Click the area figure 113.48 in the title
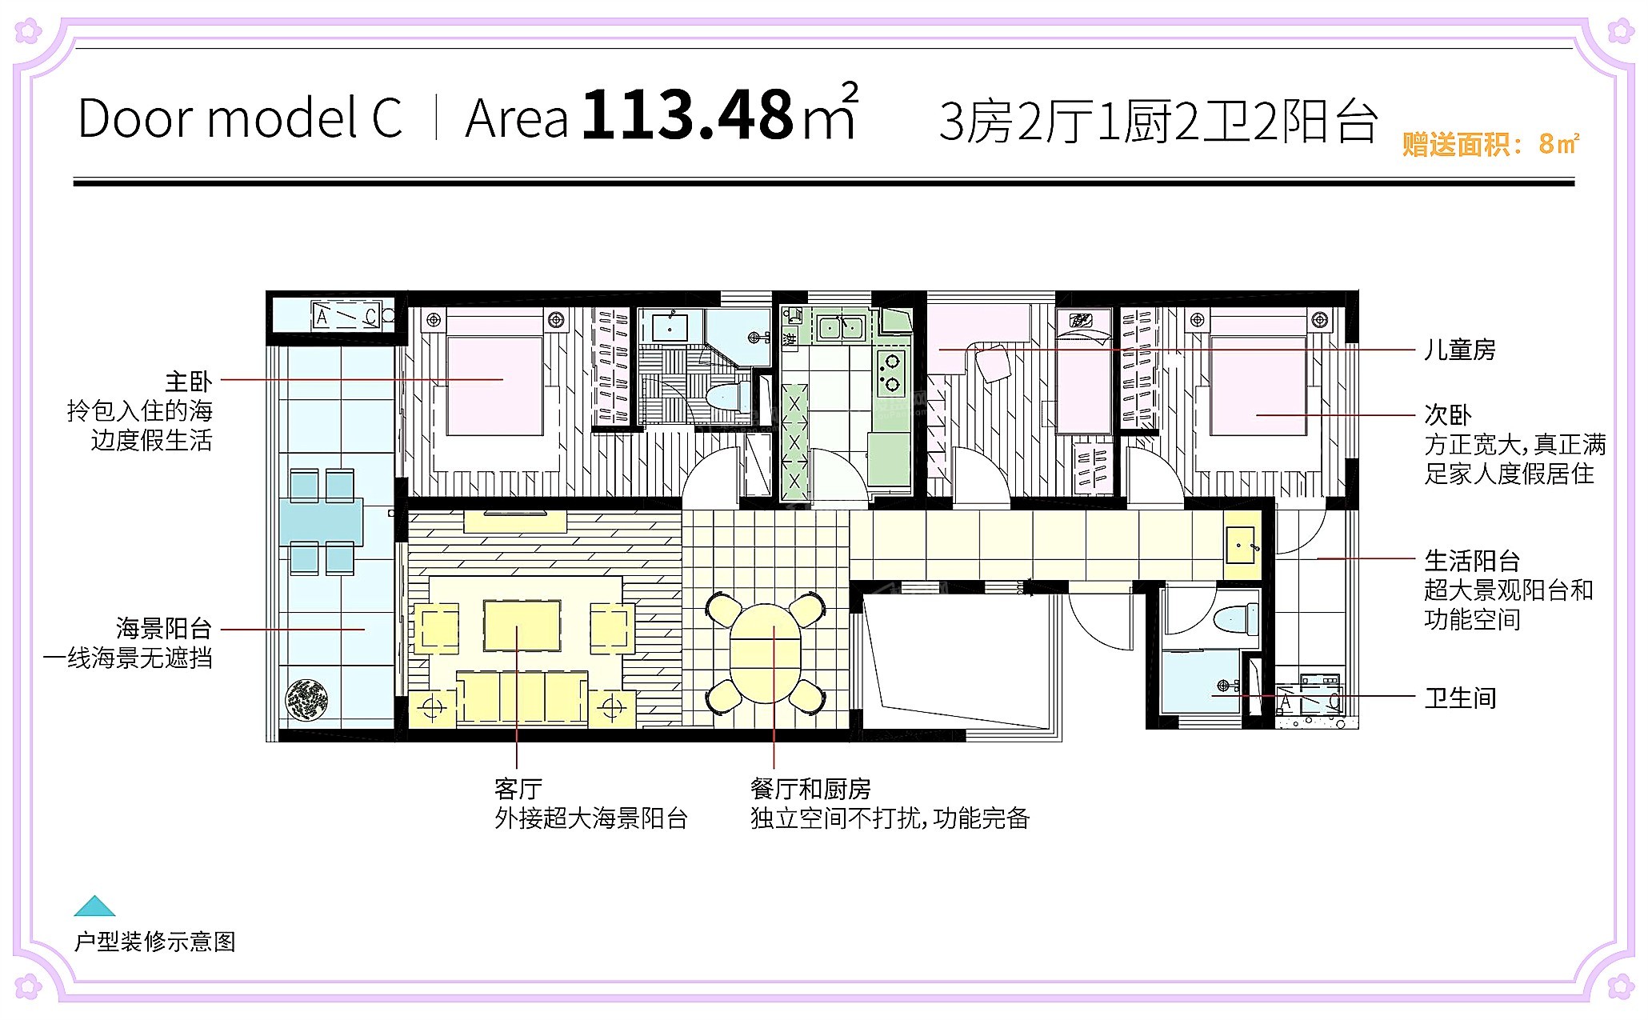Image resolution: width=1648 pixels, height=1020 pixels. [x=687, y=115]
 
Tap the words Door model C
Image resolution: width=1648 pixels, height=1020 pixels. [x=240, y=118]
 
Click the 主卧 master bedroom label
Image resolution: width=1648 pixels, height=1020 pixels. [x=189, y=382]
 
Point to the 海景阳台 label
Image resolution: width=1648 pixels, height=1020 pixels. [x=164, y=629]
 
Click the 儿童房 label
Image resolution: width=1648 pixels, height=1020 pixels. [x=1460, y=350]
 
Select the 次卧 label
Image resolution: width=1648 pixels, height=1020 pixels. [x=1448, y=415]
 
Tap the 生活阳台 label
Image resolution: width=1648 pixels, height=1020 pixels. [x=1472, y=560]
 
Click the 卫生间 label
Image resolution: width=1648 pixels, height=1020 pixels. [x=1460, y=698]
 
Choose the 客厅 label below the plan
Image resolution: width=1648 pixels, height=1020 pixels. [x=518, y=789]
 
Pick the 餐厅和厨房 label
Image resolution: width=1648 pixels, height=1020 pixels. [x=810, y=789]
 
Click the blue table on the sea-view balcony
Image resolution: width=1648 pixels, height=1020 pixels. [x=321, y=522]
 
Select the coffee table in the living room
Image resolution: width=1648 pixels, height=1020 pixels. [x=522, y=626]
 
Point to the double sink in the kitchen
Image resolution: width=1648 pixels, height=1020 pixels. [x=840, y=327]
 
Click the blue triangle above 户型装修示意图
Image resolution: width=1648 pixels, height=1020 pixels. [x=94, y=906]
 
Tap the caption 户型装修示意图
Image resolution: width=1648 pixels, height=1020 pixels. [x=155, y=941]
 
